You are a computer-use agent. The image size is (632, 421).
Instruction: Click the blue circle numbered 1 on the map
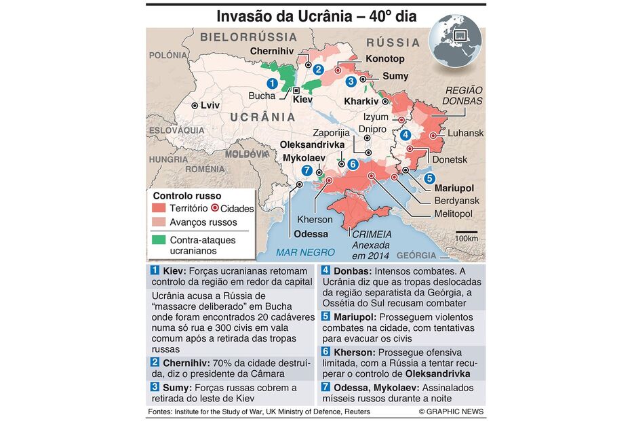[x=272, y=83]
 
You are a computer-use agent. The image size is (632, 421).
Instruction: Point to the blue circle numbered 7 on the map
[x=307, y=170]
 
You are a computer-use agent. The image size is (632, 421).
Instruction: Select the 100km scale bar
[x=466, y=234]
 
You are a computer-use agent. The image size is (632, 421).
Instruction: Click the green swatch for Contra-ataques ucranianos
[x=159, y=239]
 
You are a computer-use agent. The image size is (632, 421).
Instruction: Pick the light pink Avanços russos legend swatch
[x=159, y=222]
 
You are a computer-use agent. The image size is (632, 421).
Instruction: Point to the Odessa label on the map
[x=311, y=234]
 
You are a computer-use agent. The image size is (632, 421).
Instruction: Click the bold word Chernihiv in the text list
[x=185, y=363]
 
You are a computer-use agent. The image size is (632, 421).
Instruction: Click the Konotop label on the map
[x=384, y=59]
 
